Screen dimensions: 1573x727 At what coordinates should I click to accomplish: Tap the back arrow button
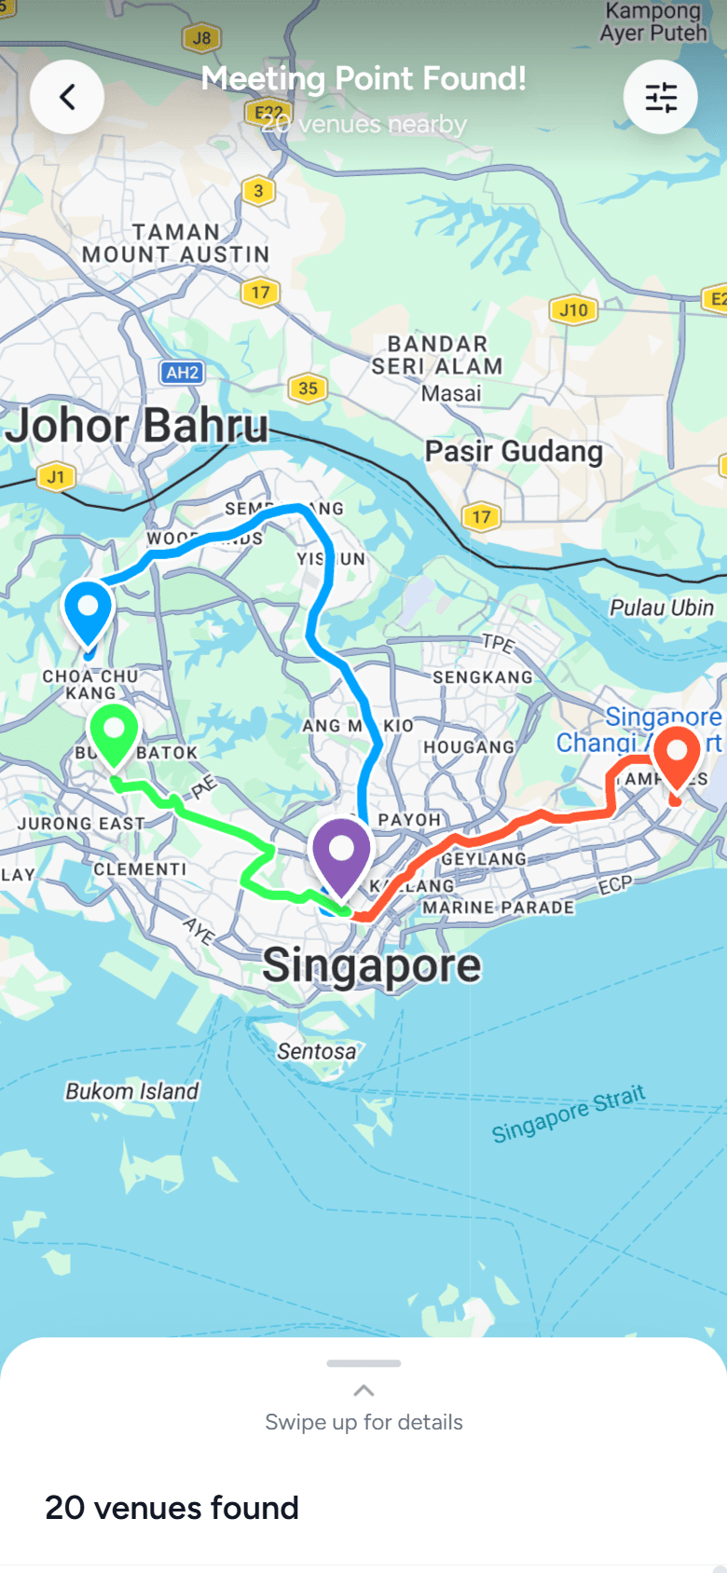pyautogui.click(x=67, y=97)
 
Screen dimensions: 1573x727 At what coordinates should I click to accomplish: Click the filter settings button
pyautogui.click(x=660, y=97)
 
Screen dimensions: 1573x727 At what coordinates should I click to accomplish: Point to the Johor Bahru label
pyautogui.click(x=137, y=427)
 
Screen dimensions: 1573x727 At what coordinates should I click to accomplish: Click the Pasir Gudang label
pyautogui.click(x=514, y=452)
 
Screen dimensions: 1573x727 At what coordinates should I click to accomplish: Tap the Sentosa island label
pyautogui.click(x=317, y=1051)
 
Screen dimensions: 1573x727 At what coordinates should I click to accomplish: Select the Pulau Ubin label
pyautogui.click(x=662, y=608)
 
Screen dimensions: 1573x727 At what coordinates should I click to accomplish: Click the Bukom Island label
pyautogui.click(x=131, y=1091)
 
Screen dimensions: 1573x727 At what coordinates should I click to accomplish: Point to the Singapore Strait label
pyautogui.click(x=569, y=1114)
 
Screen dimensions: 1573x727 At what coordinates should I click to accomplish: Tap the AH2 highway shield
pyautogui.click(x=183, y=373)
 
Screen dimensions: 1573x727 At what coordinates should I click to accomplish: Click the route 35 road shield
pyautogui.click(x=308, y=389)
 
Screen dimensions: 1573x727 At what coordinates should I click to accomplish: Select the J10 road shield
pyautogui.click(x=573, y=310)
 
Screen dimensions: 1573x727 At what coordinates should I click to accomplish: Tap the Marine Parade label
pyautogui.click(x=499, y=907)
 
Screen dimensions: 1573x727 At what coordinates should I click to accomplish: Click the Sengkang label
pyautogui.click(x=483, y=677)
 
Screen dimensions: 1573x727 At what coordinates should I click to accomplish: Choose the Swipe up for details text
pyautogui.click(x=363, y=1422)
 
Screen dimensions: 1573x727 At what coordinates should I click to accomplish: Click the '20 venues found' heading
pyautogui.click(x=172, y=1508)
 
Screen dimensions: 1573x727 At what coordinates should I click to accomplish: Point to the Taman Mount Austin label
pyautogui.click(x=175, y=243)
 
